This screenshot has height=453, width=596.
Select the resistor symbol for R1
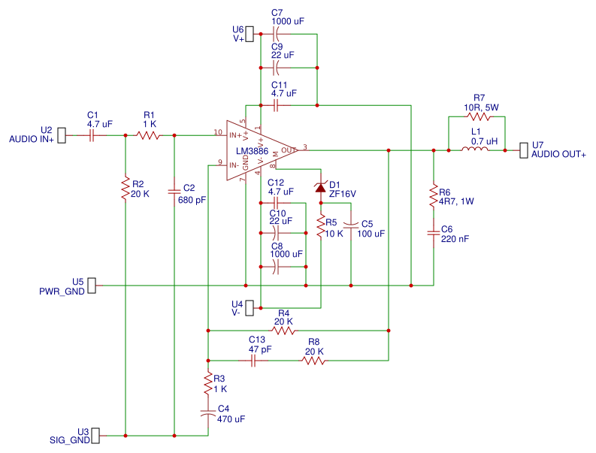pyautogui.click(x=149, y=135)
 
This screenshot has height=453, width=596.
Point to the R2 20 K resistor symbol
pyautogui.click(x=125, y=189)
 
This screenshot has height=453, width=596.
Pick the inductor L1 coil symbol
pyautogui.click(x=474, y=150)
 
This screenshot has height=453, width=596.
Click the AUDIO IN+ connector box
pyautogui.click(x=62, y=135)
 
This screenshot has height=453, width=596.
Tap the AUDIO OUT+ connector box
pyautogui.click(x=523, y=150)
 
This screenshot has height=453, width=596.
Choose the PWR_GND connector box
pyautogui.click(x=92, y=285)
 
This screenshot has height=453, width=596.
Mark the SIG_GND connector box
pyautogui.click(x=95, y=436)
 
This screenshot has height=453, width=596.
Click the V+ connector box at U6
pyautogui.click(x=251, y=34)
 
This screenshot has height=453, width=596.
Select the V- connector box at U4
pyautogui.click(x=251, y=307)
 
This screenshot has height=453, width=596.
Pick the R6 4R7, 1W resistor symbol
pyautogui.click(x=434, y=197)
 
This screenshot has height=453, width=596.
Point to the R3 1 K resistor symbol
pyautogui.click(x=207, y=384)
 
